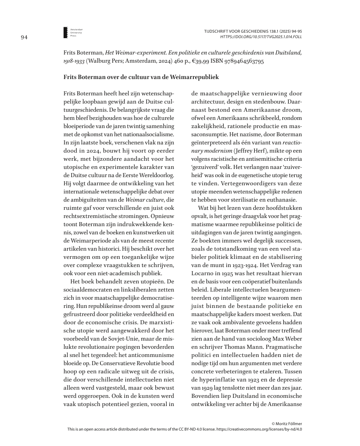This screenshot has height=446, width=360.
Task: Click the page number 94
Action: coord(25,38)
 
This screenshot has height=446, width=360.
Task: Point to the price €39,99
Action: coord(192,60)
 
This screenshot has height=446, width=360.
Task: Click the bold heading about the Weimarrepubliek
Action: coord(141,78)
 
